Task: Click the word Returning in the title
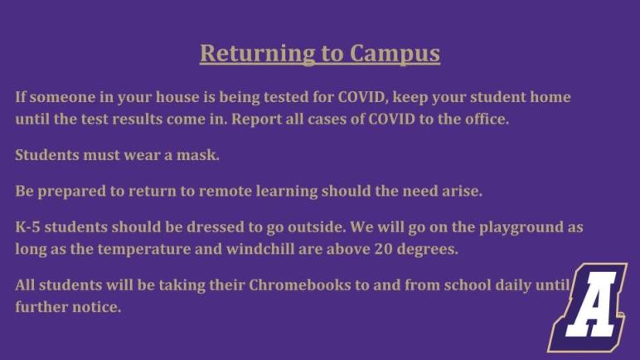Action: click(x=257, y=54)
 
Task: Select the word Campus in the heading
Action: click(x=395, y=54)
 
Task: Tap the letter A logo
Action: click(x=587, y=307)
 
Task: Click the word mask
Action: click(x=197, y=155)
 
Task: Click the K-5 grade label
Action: click(x=27, y=227)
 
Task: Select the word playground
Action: click(x=521, y=228)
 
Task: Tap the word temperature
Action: click(x=144, y=250)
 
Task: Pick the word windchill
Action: click(x=260, y=249)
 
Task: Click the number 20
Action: click(x=383, y=249)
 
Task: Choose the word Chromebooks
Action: click(x=299, y=285)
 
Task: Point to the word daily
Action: click(x=513, y=285)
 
